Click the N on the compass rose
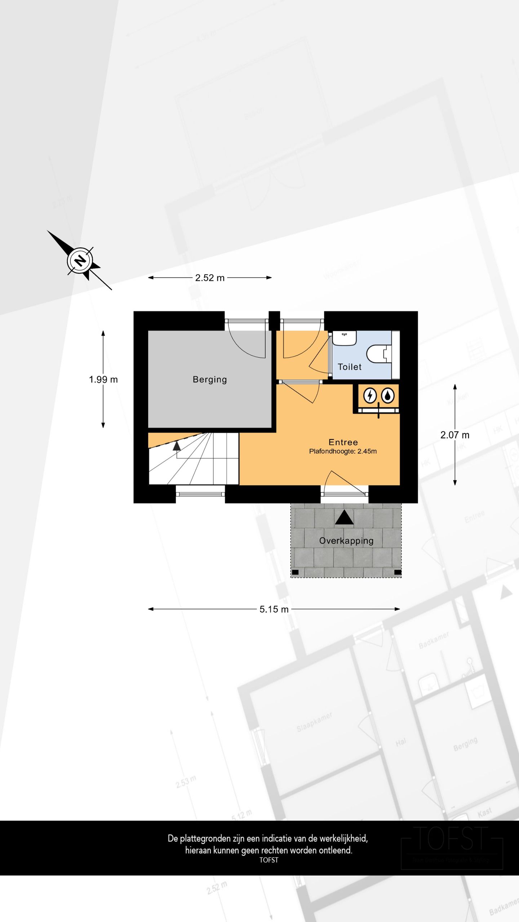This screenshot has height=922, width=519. coord(80,260)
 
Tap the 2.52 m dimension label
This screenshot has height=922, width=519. coord(210,278)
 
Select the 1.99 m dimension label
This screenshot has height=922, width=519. coord(103,379)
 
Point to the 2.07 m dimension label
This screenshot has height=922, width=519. coord(455,435)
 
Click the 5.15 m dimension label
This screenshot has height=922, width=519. coord(274,609)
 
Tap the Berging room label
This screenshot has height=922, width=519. coord(210,379)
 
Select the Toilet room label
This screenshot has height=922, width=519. coord(349,367)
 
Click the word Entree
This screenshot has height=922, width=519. coord(343,442)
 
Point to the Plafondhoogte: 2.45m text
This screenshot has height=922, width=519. coord(343,451)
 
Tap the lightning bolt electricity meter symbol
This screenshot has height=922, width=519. coord(369,396)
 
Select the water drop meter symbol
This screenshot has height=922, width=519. coord(388,396)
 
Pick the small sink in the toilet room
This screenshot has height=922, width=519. coord(345,338)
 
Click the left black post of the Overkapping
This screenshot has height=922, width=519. coord(295,572)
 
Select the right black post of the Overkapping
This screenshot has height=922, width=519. coord(398,572)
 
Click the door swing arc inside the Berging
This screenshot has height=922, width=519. coord(249,346)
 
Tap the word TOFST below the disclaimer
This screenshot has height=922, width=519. coord(269,860)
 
